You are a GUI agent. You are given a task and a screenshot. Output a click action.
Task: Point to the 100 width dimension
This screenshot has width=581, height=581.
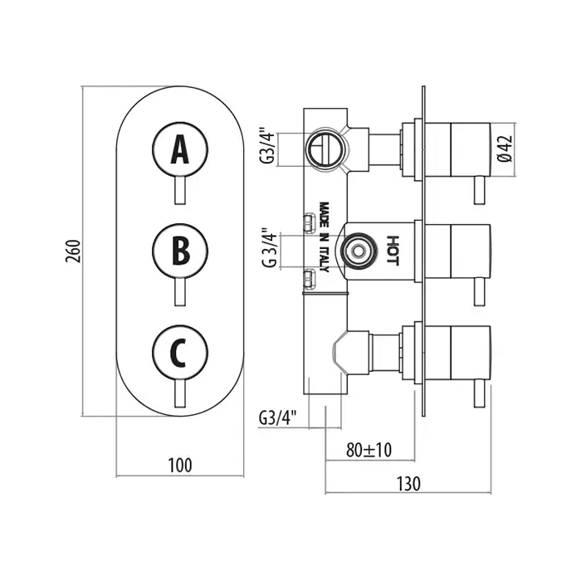(179, 465)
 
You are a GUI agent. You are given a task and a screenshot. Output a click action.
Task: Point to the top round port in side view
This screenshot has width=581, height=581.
(322, 150)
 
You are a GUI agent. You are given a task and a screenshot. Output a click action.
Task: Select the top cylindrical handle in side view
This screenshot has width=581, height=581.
(456, 149)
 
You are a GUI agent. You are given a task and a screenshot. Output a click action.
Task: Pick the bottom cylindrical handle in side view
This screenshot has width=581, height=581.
(456, 351)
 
